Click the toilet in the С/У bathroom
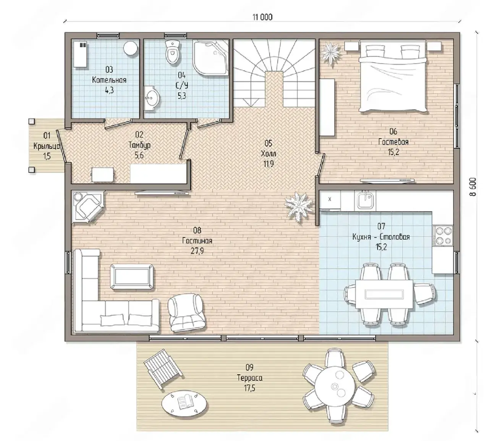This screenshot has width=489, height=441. point(173,52)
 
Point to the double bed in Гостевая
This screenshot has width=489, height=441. point(393,76)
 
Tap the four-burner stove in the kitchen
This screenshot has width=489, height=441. point(443,235)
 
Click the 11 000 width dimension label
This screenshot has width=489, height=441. point(262,17)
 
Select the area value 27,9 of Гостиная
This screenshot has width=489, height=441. point(197,251)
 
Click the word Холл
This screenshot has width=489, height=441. point(269,154)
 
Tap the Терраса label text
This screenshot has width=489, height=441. point(249,378)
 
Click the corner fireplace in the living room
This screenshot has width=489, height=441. point(88,207)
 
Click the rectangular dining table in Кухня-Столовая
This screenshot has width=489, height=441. point(384,294)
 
